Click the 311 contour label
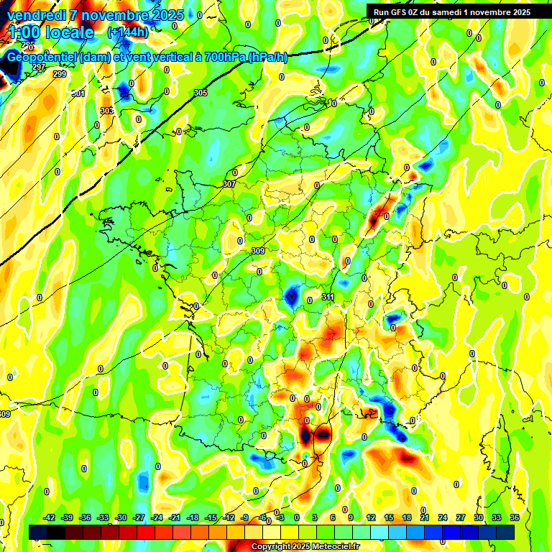point(328,297)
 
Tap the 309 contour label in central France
point(258,251)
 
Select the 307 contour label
point(229,185)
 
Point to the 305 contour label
point(201,93)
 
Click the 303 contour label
point(106,111)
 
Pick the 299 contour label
point(60,74)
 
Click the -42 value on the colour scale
point(50,518)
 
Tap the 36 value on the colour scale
point(515,518)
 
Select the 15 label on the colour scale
point(389,518)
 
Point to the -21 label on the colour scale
point(175,518)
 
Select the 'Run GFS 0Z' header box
point(449,11)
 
